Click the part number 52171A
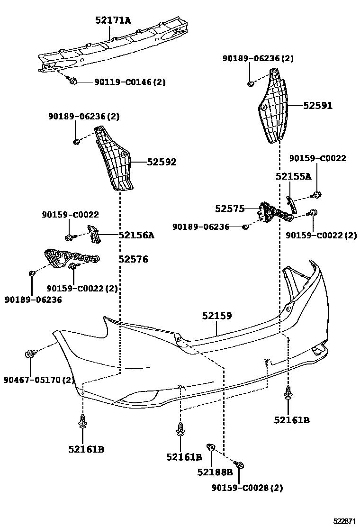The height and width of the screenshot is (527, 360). [x=113, y=20]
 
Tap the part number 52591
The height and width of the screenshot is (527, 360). [x=318, y=106]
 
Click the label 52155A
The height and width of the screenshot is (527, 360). [x=294, y=177]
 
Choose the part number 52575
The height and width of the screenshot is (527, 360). [x=230, y=209]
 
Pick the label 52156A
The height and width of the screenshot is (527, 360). [x=136, y=235]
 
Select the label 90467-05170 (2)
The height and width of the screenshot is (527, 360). [x=39, y=380]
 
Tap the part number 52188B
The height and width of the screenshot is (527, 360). [x=215, y=472]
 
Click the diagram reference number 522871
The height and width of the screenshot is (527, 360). [x=343, y=520]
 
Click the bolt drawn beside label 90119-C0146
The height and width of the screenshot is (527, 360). [x=72, y=82]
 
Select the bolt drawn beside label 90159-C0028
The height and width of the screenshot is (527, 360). [x=239, y=466]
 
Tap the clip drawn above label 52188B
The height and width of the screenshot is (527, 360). [x=212, y=447]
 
